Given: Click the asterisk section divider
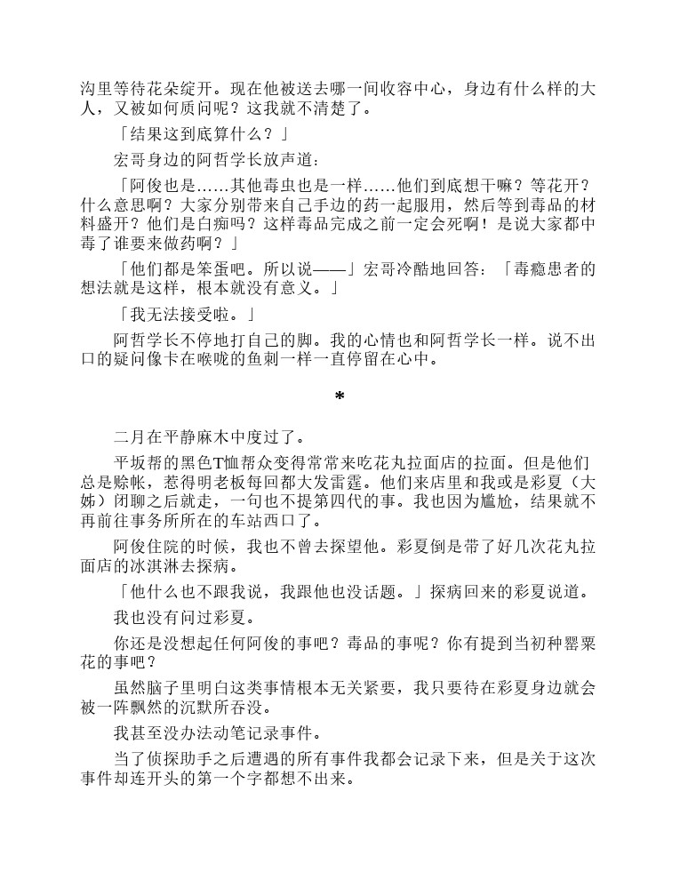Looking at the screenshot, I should coord(339,396).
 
